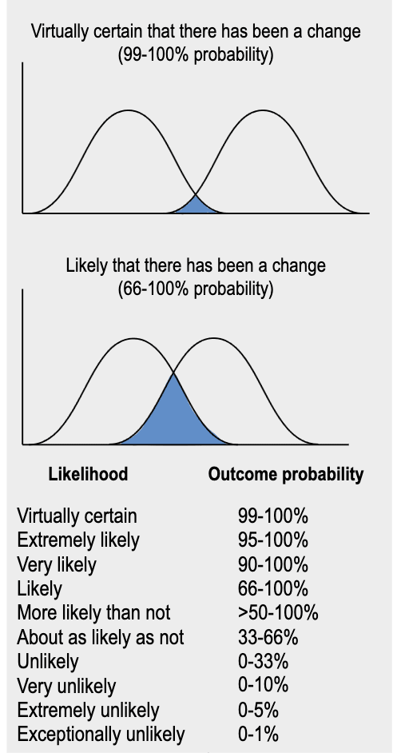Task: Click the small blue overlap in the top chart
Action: pos(196,206)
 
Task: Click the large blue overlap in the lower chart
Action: pos(173,419)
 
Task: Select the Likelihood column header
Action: pos(89,475)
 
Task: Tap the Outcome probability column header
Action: pos(286,475)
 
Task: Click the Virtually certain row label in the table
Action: pos(77,516)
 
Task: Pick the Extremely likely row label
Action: pos(78,540)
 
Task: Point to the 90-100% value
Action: pos(272,564)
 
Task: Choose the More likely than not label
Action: pos(93,613)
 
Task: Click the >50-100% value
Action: pos(278,613)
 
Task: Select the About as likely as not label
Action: pos(101,637)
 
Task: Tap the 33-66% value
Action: pos(268,637)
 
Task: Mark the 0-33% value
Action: pos(263,662)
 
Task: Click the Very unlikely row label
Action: pos(66,686)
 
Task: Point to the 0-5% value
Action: pos(258,711)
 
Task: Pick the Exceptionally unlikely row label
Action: pos(101,735)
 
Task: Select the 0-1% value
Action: pos(258,735)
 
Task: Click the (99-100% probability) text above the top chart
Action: pos(196,54)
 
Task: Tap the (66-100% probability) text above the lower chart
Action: pos(196,289)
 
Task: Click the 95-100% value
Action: pos(272,540)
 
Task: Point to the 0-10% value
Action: pos(263,686)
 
